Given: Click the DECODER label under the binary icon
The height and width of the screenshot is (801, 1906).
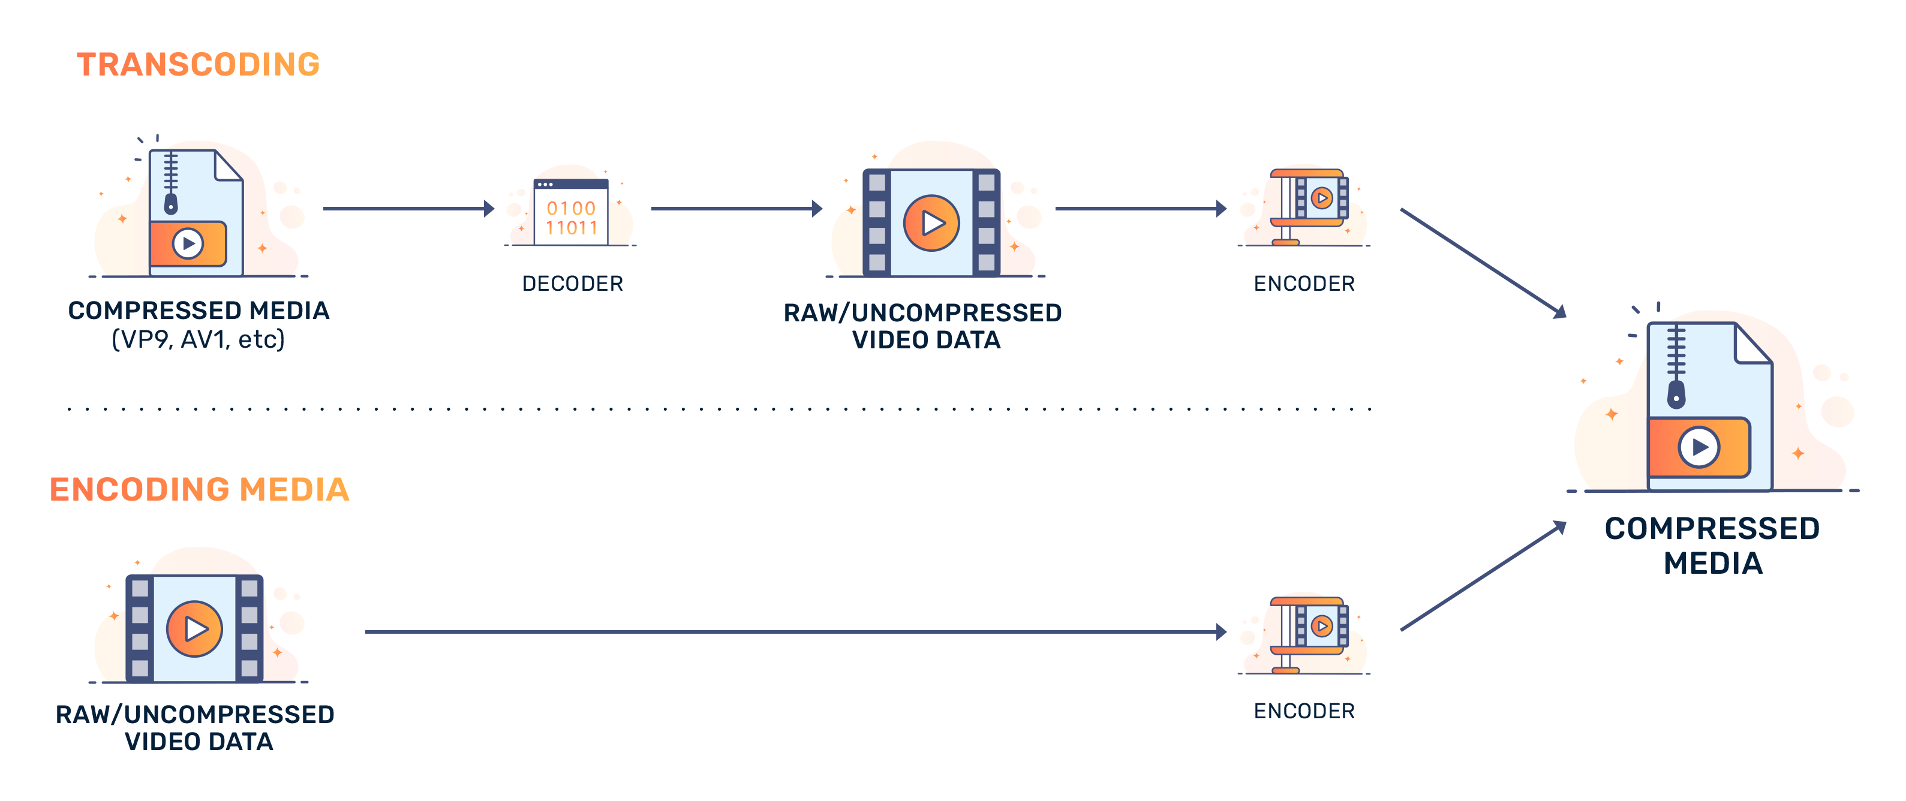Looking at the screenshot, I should click(x=573, y=283).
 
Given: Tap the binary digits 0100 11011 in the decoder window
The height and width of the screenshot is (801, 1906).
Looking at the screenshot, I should click(x=571, y=218).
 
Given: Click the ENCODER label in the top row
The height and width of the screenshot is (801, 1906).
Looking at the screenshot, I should click(x=1304, y=283).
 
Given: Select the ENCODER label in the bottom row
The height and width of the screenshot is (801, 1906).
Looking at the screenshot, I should click(x=1304, y=710).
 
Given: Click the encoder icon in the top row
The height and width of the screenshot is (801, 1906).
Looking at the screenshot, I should click(x=1305, y=205).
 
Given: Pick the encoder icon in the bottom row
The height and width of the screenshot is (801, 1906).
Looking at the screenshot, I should click(x=1305, y=633).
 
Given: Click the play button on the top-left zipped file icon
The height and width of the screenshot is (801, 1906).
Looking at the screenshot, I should click(x=188, y=243).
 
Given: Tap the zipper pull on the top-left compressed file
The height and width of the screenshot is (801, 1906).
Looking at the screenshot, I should click(x=171, y=203).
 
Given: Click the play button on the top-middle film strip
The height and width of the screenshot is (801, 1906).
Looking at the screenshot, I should click(x=931, y=222).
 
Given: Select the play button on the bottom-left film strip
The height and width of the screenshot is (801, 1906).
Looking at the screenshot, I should click(x=194, y=629).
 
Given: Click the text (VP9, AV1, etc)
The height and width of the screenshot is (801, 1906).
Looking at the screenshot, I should click(x=199, y=339).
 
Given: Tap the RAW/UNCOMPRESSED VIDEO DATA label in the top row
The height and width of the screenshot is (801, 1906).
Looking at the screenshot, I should click(x=922, y=326).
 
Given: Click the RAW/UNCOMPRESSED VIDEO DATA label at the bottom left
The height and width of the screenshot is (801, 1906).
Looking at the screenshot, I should click(x=196, y=727).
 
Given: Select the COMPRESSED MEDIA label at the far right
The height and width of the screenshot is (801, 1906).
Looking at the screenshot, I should click(x=1712, y=545).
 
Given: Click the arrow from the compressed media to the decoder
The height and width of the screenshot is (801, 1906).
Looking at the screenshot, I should click(x=408, y=209).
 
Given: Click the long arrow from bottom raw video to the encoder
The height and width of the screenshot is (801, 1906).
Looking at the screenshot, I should click(x=798, y=632).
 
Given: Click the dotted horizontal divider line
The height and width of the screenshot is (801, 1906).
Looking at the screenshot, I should click(x=725, y=408).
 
